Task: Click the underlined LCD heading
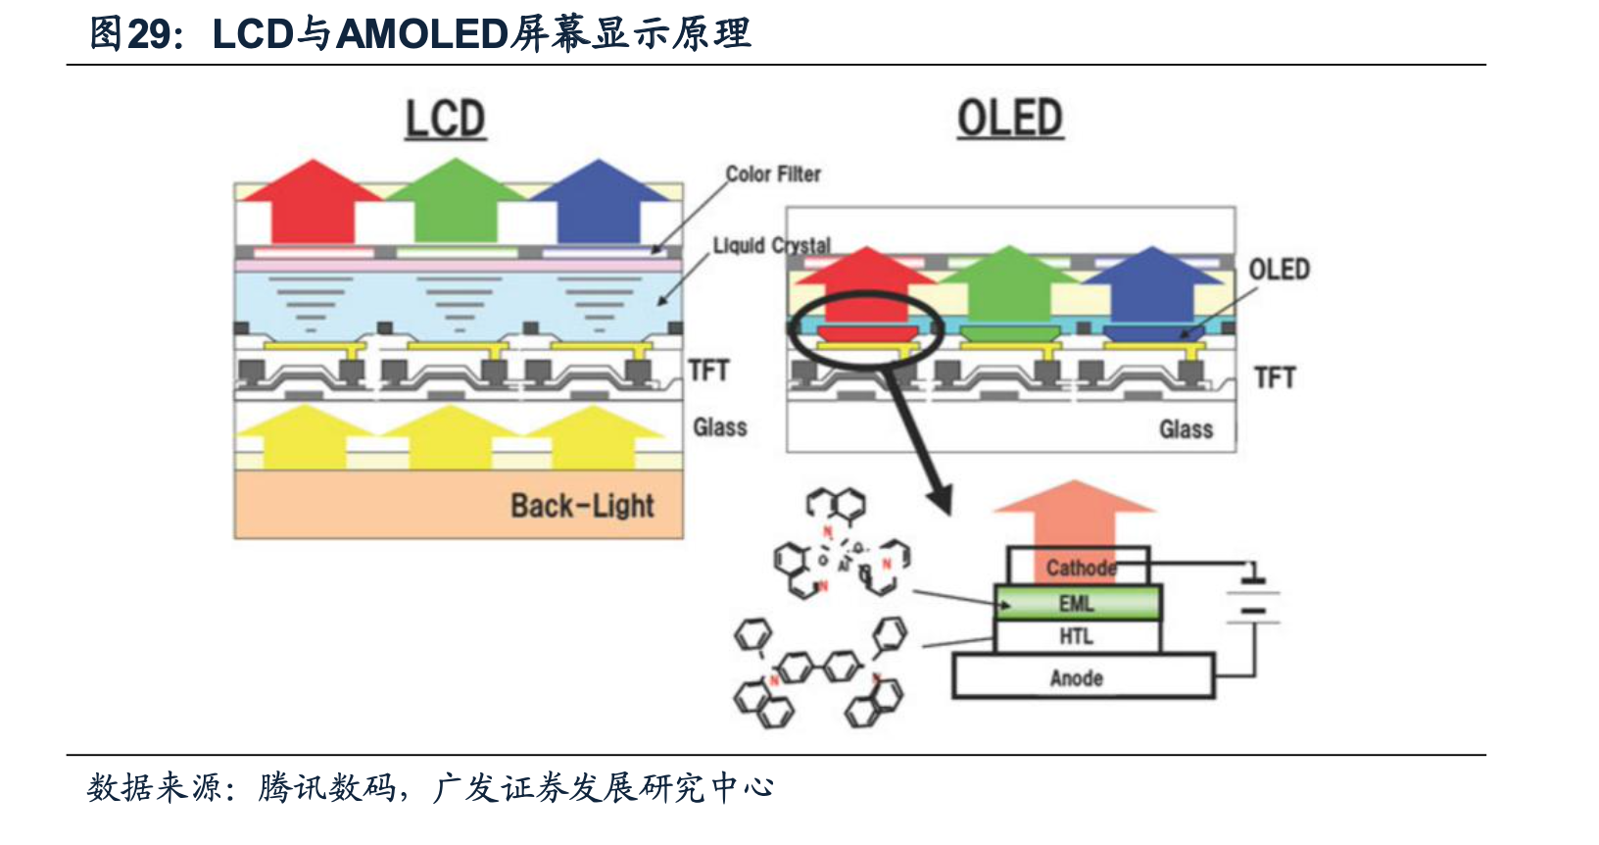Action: click(x=446, y=120)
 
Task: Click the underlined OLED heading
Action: click(x=1010, y=119)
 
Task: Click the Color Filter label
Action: click(x=773, y=174)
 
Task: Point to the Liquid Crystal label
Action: click(x=772, y=245)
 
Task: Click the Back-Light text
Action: click(x=582, y=506)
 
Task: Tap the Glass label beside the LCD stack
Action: click(x=720, y=427)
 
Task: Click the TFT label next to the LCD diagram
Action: click(x=708, y=371)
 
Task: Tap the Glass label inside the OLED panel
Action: click(x=1186, y=429)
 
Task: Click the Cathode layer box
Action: click(x=1078, y=567)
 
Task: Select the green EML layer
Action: click(x=1078, y=603)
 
